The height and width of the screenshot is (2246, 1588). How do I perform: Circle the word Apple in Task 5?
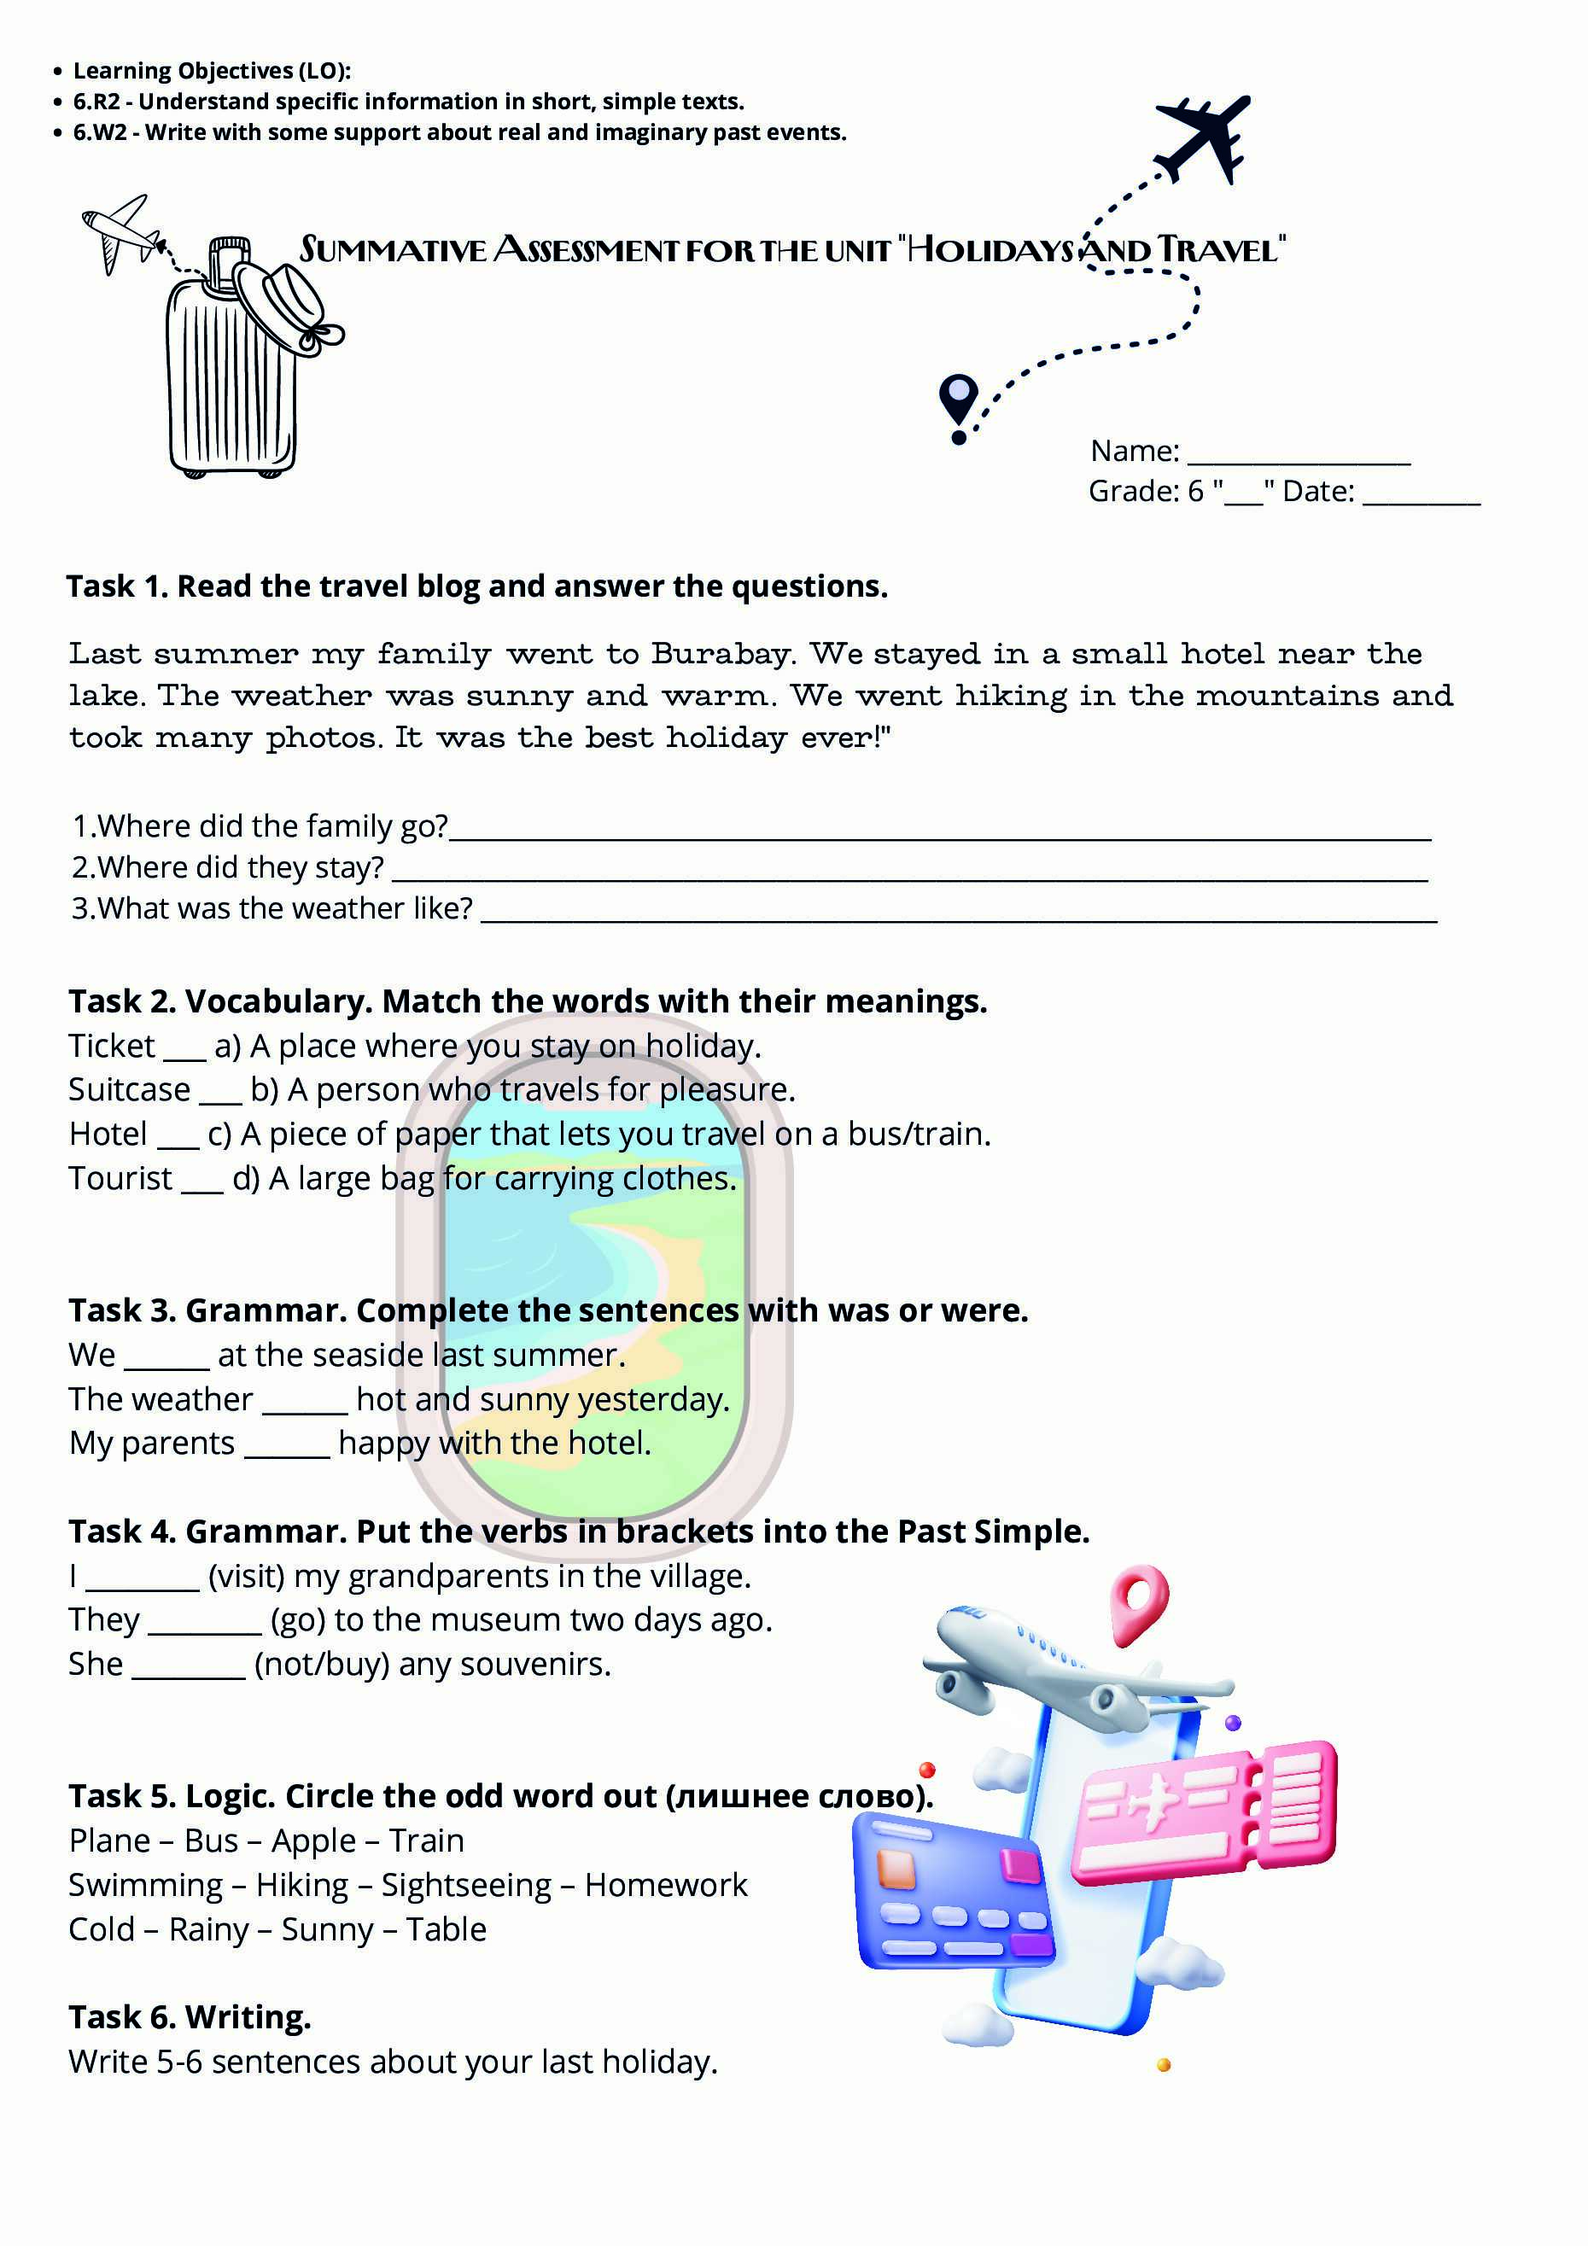[x=313, y=1840]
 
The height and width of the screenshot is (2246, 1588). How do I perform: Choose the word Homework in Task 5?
[x=665, y=1884]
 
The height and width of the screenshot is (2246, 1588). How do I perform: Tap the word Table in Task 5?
[x=447, y=1929]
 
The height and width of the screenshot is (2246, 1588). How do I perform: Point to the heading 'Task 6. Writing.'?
[x=190, y=2016]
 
